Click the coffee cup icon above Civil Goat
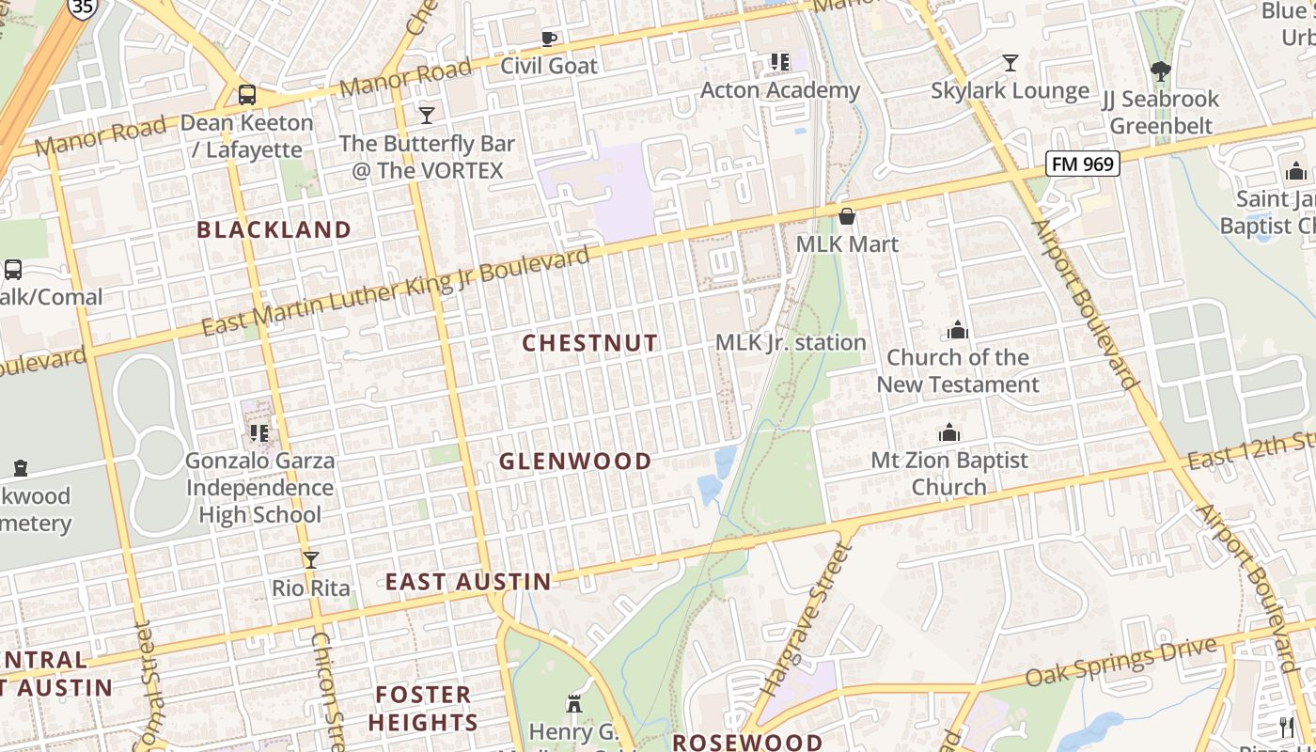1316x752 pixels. pyautogui.click(x=549, y=39)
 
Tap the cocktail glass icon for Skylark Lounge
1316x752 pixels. pyautogui.click(x=1010, y=63)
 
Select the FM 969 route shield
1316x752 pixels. pyautogui.click(x=1083, y=164)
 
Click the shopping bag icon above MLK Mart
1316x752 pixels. pyautogui.click(x=847, y=216)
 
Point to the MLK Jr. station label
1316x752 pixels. pyautogui.click(x=791, y=342)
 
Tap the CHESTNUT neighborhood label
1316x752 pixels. pyautogui.click(x=590, y=343)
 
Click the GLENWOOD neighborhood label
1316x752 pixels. pyautogui.click(x=575, y=461)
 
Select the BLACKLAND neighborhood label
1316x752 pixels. pyautogui.click(x=274, y=229)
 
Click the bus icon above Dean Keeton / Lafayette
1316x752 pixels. pyautogui.click(x=246, y=94)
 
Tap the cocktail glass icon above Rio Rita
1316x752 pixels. pyautogui.click(x=311, y=560)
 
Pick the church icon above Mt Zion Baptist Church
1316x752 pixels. pyautogui.click(x=949, y=432)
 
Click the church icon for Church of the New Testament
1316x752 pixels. pyautogui.click(x=958, y=330)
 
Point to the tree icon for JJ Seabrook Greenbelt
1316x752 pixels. pyautogui.click(x=1161, y=70)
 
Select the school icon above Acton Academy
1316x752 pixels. pyautogui.click(x=780, y=62)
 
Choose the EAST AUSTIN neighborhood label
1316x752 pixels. pyautogui.click(x=468, y=582)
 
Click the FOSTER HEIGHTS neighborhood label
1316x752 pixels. pyautogui.click(x=423, y=708)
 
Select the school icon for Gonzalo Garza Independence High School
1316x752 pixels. pyautogui.click(x=259, y=433)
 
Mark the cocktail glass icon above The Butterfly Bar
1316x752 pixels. pyautogui.click(x=427, y=115)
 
